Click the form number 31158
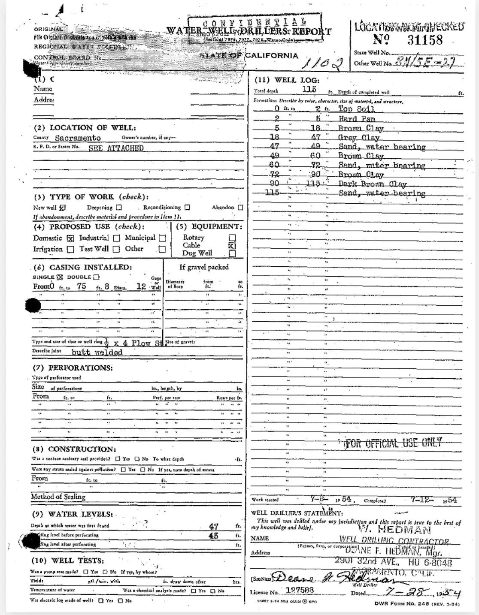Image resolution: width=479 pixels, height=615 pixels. (x=424, y=40)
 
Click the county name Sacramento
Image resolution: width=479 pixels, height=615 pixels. (x=78, y=138)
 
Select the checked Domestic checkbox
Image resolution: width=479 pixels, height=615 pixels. (x=71, y=238)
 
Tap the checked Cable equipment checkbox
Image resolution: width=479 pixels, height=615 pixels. (x=232, y=246)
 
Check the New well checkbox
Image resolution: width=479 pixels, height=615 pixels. (x=62, y=208)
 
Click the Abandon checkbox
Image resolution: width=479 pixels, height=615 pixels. (x=240, y=208)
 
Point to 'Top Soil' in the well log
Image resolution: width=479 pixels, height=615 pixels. (x=356, y=109)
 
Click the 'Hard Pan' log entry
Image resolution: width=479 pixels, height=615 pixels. (x=357, y=119)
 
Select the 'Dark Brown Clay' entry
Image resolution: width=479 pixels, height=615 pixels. (x=372, y=184)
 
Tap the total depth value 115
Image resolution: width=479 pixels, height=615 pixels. (x=309, y=89)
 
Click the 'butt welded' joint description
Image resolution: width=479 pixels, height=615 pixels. (x=97, y=353)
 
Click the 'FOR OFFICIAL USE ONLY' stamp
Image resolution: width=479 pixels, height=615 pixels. (x=393, y=443)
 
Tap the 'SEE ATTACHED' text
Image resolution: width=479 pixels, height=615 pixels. (x=116, y=148)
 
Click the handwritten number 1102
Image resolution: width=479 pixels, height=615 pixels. (x=324, y=64)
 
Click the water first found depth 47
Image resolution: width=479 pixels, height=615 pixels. (x=214, y=526)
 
